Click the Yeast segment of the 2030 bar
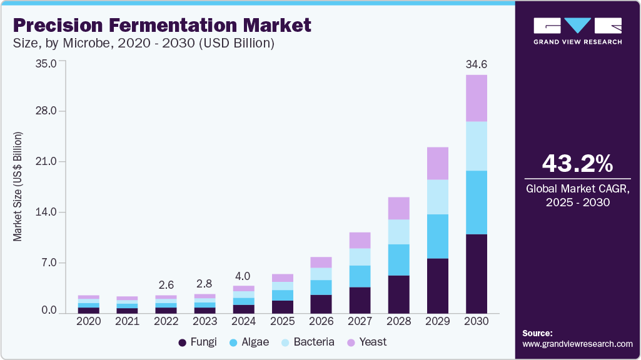point(477,98)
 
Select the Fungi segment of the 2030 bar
point(477,273)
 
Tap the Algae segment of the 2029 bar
point(438,236)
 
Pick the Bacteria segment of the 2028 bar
point(398,232)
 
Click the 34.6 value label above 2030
point(477,64)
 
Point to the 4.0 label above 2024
point(243,276)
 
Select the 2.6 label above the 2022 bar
point(166,285)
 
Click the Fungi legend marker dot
point(183,342)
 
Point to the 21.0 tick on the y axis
point(46,162)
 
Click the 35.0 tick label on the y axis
point(46,63)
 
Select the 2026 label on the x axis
point(321,321)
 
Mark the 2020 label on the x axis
point(88,321)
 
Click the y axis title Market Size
point(18,187)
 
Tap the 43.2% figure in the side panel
point(577,164)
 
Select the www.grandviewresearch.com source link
point(577,344)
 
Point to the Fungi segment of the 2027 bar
point(360,300)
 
